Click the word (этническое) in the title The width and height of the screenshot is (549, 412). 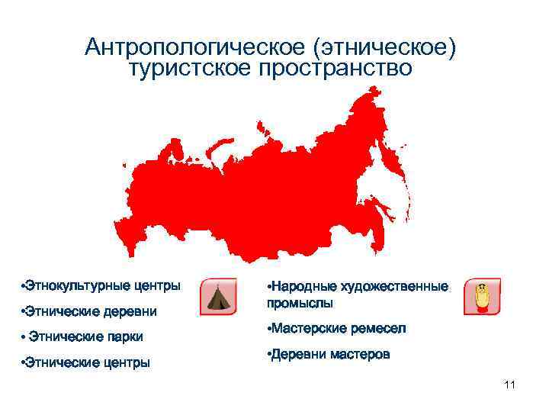click(384, 47)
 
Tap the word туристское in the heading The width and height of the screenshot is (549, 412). click(191, 68)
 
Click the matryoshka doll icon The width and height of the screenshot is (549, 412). click(482, 297)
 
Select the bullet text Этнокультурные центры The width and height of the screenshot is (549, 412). click(101, 286)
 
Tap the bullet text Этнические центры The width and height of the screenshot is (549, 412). click(86, 362)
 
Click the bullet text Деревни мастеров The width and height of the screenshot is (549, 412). click(329, 354)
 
